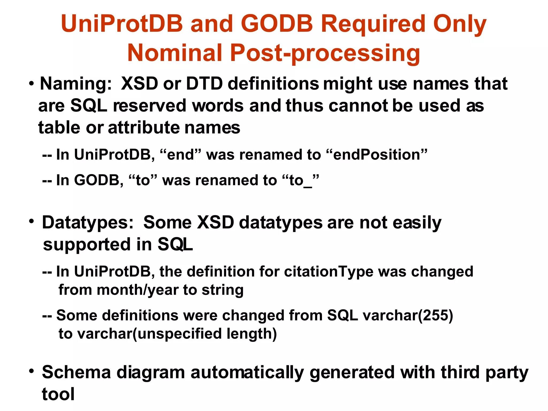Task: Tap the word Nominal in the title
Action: pos(175,53)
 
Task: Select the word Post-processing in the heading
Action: pos(325,53)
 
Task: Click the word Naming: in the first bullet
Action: pos(76,84)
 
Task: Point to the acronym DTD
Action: pos(204,84)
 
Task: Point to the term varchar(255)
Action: pos(408,315)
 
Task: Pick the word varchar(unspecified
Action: pos(150,334)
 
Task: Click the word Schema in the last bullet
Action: pos(76,372)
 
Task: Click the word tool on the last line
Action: pos(58,394)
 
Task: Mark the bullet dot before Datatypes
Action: pos(32,222)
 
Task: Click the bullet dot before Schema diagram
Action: pos(32,371)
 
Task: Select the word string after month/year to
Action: pos(222,290)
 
